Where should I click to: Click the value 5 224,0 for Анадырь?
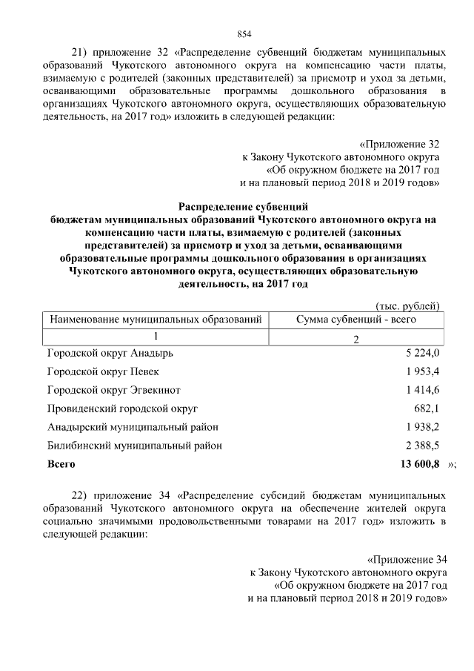[x=422, y=352]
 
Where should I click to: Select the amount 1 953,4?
[x=422, y=371]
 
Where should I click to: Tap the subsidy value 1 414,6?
[x=422, y=390]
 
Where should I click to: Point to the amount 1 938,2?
[x=422, y=427]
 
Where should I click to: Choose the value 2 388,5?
[x=422, y=446]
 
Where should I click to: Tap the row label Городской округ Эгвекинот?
[x=113, y=390]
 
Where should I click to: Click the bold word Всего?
[x=61, y=464]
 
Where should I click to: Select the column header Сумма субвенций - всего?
[x=355, y=320]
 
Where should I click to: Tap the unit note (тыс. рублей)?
[x=408, y=306]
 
